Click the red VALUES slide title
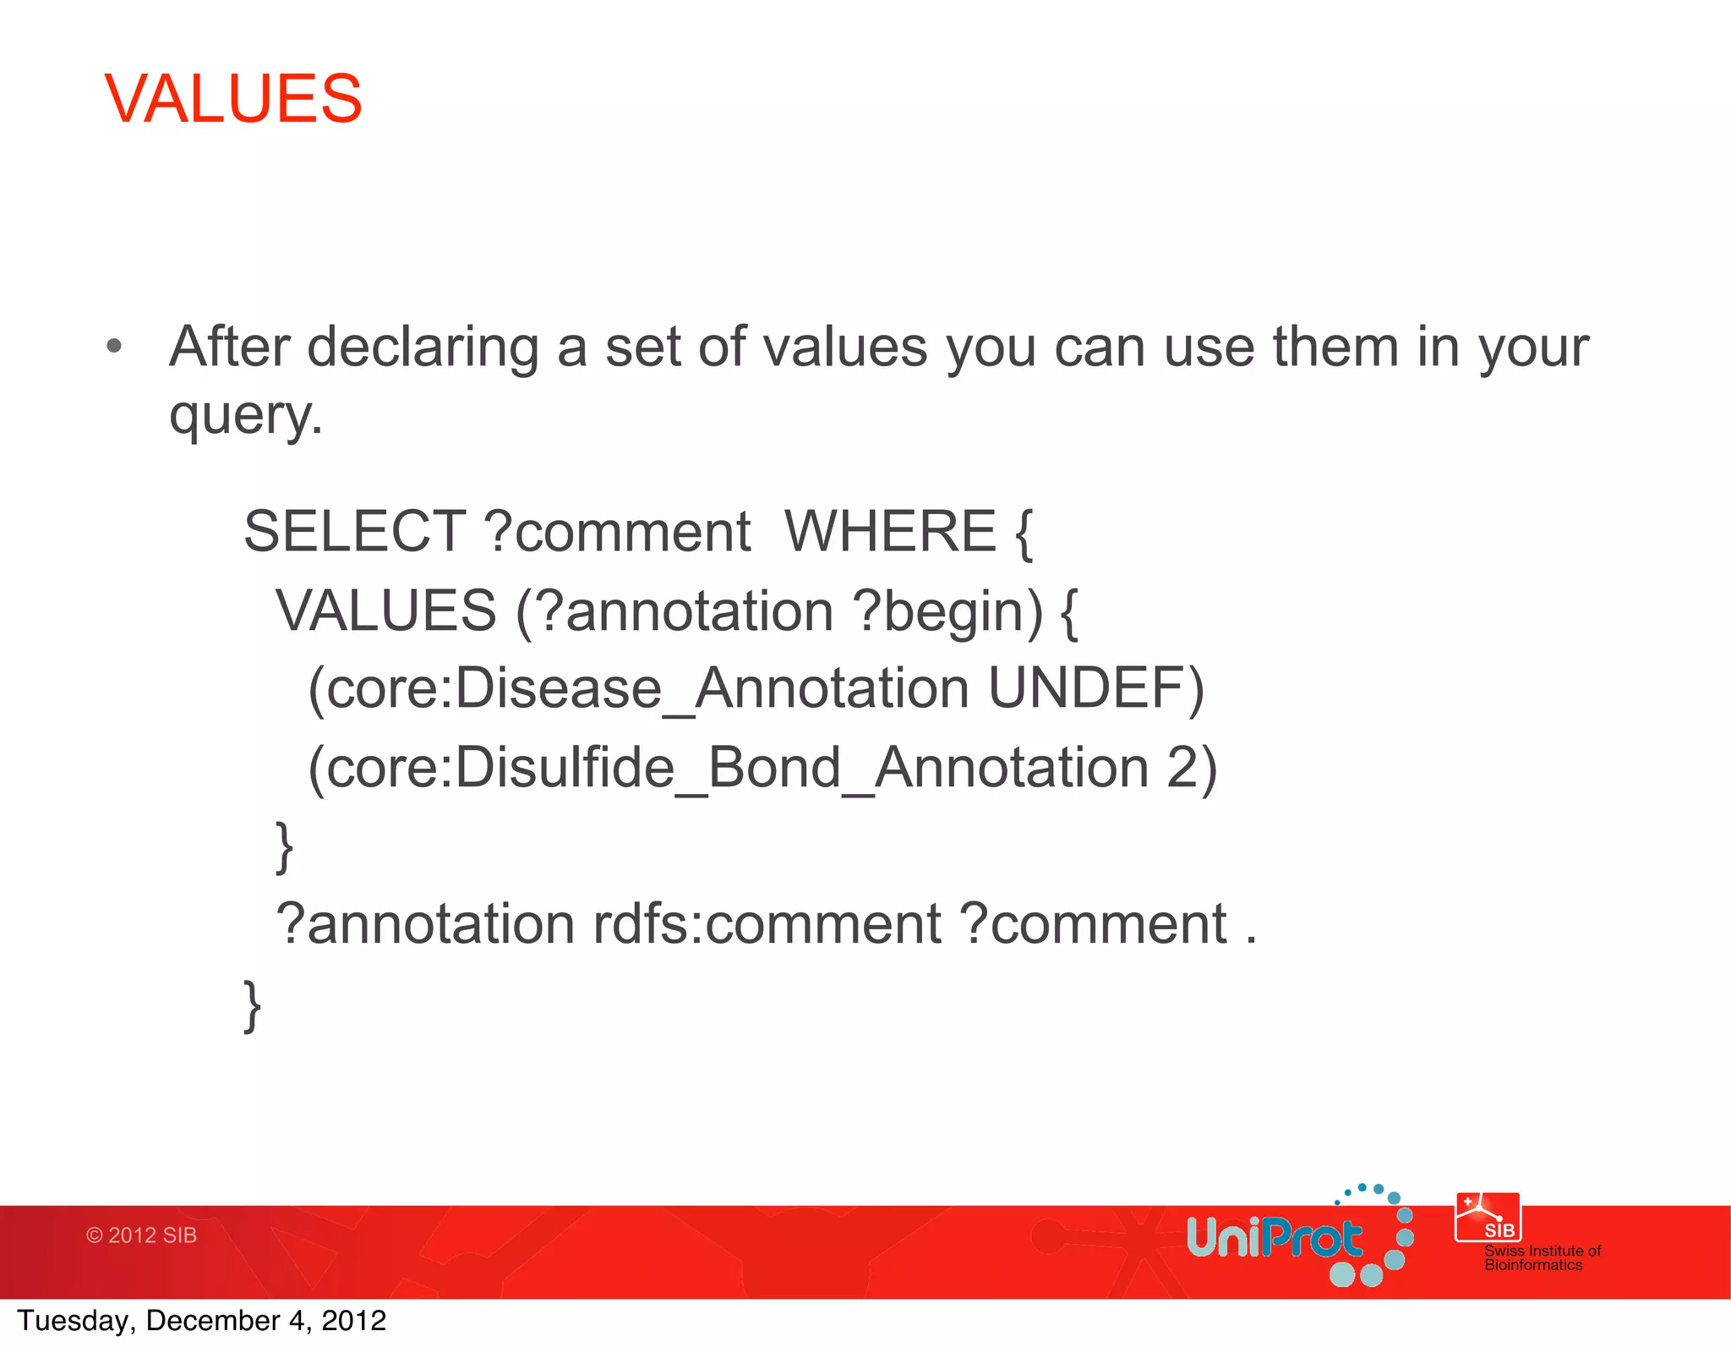[233, 99]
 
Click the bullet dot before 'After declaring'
[115, 346]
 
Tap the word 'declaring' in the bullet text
[423, 348]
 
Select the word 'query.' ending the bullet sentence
[246, 416]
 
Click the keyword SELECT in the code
[354, 532]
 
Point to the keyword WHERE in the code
[890, 532]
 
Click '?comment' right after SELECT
[617, 532]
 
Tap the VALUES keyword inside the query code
[386, 611]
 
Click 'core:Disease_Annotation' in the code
[647, 688]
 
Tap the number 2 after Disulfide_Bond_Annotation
[1182, 768]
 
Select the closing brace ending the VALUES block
[285, 846]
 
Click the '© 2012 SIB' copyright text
[141, 1235]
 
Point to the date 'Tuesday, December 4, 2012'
[201, 1321]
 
